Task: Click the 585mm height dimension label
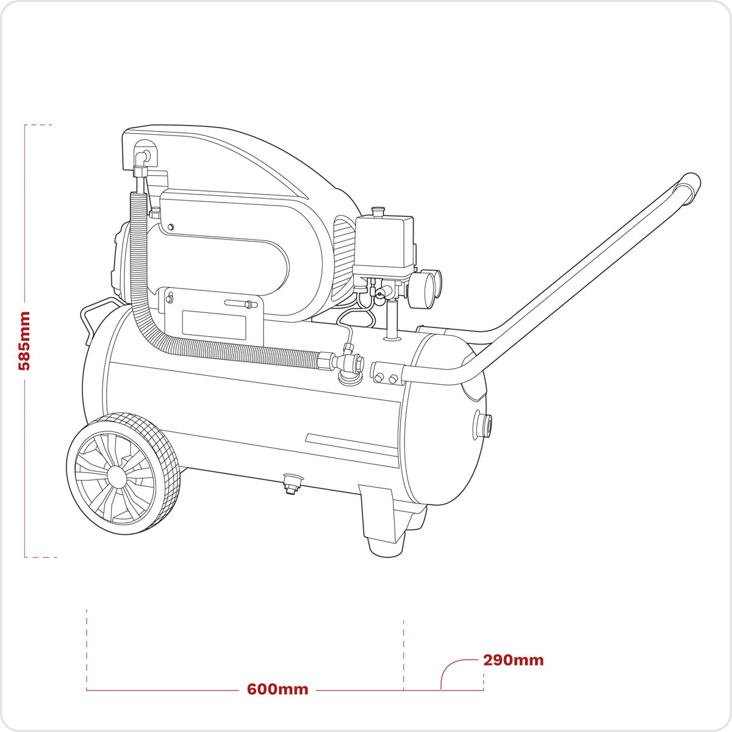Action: pos(24,340)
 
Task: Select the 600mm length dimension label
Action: pos(278,689)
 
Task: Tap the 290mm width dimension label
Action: pos(513,660)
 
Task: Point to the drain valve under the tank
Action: pos(293,484)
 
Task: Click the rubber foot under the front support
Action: pos(387,547)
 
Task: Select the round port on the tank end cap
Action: pos(483,425)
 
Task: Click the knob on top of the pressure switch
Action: pos(378,211)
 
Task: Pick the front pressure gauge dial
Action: pos(422,290)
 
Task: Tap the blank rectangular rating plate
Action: pos(214,325)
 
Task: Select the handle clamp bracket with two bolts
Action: pos(387,373)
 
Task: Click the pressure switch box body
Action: pos(384,245)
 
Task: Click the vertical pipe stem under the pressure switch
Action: pos(392,320)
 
